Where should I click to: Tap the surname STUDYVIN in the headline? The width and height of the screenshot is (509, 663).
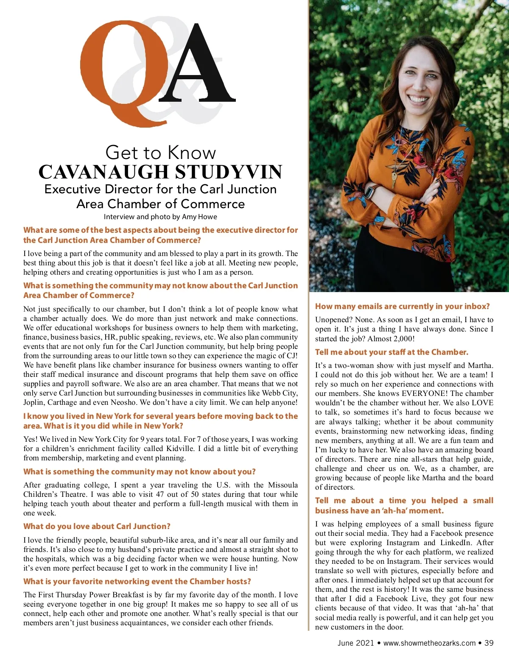click(229, 172)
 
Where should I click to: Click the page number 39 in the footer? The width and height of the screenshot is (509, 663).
click(489, 643)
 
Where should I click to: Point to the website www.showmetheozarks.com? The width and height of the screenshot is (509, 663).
click(429, 643)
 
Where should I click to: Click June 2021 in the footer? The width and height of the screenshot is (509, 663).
click(355, 643)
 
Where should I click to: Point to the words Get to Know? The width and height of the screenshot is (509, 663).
click(160, 153)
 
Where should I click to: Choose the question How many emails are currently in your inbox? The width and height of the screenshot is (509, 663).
click(402, 306)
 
